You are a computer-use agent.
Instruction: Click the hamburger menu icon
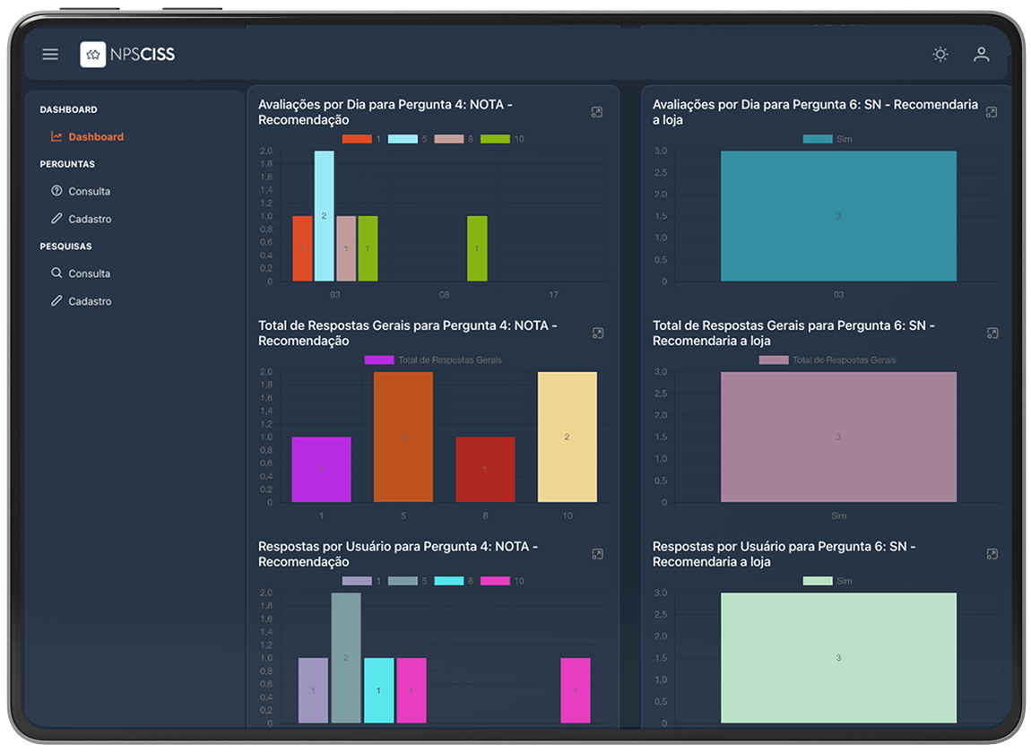click(50, 55)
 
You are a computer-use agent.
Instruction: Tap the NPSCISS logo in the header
click(127, 55)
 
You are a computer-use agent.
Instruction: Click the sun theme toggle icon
click(940, 55)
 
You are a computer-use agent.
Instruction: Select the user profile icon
click(982, 55)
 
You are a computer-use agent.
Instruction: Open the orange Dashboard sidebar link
click(95, 137)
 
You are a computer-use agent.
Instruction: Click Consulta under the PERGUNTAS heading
click(89, 192)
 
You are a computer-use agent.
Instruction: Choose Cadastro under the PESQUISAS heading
click(90, 302)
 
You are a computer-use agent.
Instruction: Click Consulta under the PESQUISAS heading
click(89, 274)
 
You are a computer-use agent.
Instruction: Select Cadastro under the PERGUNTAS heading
click(90, 220)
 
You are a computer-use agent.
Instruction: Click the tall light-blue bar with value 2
click(324, 216)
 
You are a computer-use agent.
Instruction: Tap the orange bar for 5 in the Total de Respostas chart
click(403, 437)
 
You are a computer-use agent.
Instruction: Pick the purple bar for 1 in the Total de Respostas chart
click(321, 470)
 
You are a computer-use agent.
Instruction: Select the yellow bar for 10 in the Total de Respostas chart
click(567, 437)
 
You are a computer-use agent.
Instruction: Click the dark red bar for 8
click(485, 470)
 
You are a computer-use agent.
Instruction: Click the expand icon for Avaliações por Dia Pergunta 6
click(992, 112)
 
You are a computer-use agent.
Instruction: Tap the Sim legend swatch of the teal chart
click(818, 139)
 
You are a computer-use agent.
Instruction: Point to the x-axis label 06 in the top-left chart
click(444, 295)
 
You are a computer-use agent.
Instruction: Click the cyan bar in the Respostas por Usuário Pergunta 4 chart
click(378, 690)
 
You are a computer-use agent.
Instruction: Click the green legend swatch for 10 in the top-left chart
click(495, 139)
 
